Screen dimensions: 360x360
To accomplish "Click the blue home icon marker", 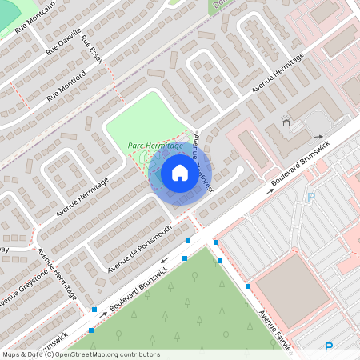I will coord(180,172).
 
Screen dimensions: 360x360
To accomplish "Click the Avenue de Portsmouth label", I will coord(139,243).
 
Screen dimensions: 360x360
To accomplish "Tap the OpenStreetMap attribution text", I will coord(80,354).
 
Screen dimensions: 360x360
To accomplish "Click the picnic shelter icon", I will coord(286,122).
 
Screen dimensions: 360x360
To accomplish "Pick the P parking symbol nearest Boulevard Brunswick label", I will coord(311,197).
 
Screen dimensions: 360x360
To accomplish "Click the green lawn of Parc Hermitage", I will coord(144,120).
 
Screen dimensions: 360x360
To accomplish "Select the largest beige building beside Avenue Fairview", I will coord(291,290).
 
